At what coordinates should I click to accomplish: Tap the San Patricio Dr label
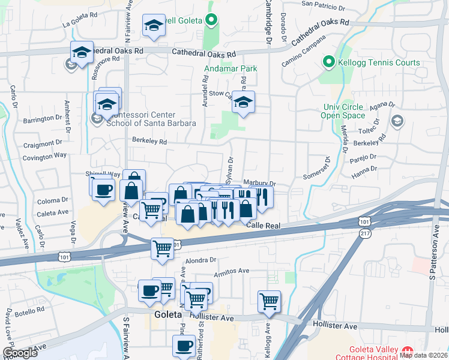click(x=324, y=4)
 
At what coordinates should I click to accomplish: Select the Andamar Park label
click(x=232, y=69)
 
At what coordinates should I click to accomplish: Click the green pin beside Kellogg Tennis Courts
click(x=328, y=62)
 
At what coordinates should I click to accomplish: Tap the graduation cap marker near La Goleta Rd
click(x=154, y=26)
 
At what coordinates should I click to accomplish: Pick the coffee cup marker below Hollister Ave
click(x=184, y=346)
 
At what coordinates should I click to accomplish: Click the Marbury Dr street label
click(x=259, y=184)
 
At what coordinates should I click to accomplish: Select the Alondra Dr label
click(x=200, y=260)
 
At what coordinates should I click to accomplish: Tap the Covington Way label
click(x=45, y=155)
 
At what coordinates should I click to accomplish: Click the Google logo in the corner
click(x=20, y=353)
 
